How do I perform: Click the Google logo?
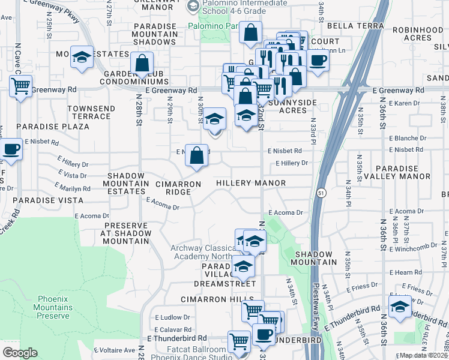tap(20, 353)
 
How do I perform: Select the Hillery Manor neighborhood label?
tap(250, 182)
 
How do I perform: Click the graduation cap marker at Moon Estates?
tap(82, 57)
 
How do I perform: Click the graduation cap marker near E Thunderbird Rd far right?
tap(400, 305)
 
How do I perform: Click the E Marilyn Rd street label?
tap(73, 188)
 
